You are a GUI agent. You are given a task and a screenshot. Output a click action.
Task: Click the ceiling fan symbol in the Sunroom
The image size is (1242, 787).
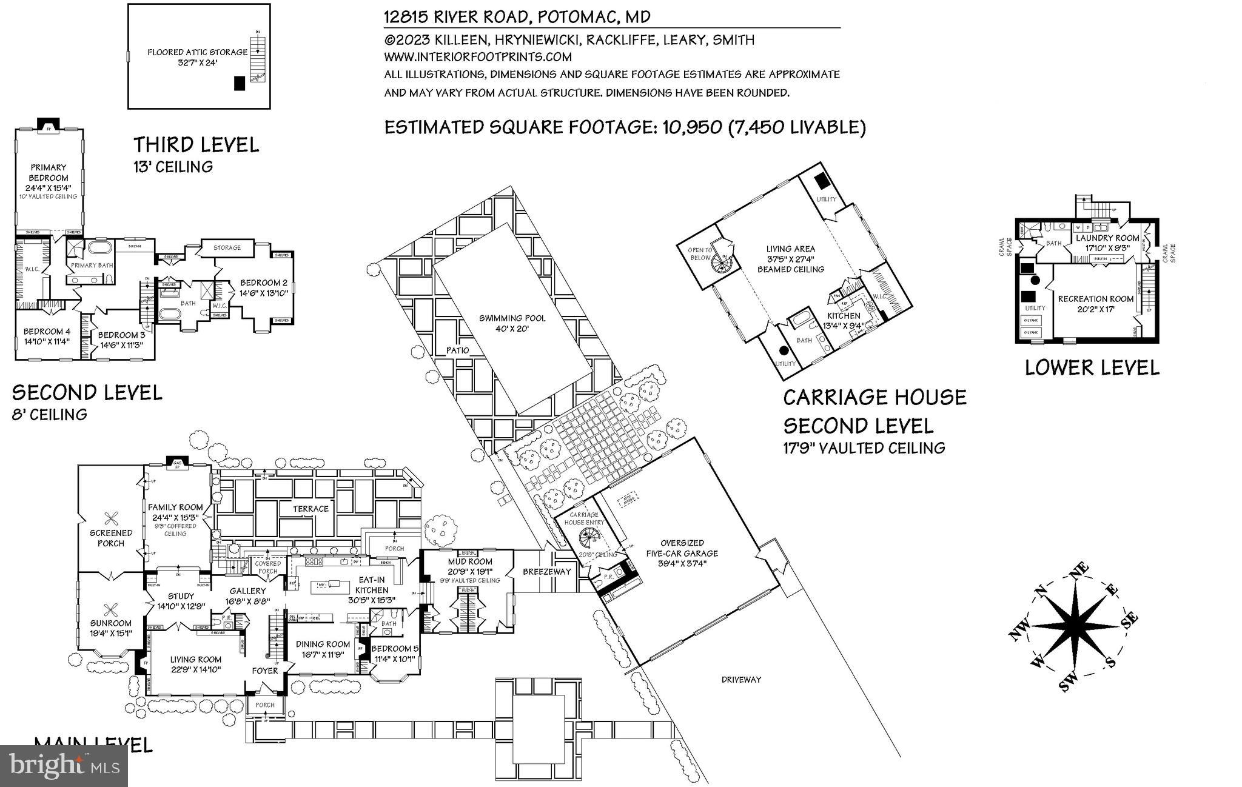point(110,609)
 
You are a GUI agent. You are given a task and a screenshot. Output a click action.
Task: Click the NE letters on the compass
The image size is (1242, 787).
point(1081,572)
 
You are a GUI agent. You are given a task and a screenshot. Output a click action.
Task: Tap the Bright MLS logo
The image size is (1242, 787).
point(64,765)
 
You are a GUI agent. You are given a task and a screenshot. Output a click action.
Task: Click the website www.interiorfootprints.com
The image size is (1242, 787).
point(478,57)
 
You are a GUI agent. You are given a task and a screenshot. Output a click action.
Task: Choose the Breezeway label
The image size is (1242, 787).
point(547,571)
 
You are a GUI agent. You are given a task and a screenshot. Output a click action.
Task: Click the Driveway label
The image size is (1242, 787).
point(741,680)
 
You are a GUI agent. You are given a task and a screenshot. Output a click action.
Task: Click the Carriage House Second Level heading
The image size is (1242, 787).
point(874,412)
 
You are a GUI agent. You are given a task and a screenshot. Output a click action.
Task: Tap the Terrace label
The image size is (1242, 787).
point(310,509)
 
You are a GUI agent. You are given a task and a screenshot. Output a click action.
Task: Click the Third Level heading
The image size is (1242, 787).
point(196,145)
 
